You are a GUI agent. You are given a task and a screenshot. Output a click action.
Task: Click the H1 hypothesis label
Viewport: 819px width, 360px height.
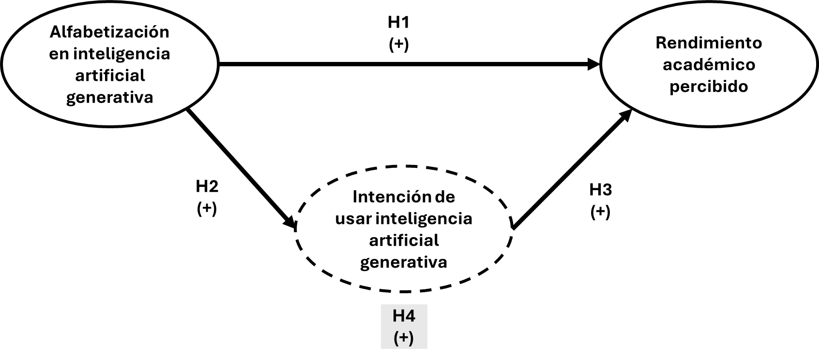(x=398, y=22)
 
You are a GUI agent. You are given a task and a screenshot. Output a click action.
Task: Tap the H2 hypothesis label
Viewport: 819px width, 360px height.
(x=207, y=186)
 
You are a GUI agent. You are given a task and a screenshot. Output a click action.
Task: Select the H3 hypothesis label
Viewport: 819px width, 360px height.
(x=600, y=190)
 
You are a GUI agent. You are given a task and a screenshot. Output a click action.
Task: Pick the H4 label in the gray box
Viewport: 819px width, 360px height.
(x=404, y=316)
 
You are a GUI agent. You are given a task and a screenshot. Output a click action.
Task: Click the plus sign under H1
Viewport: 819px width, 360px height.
(x=398, y=44)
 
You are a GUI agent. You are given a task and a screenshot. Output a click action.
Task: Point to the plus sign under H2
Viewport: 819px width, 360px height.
(x=207, y=209)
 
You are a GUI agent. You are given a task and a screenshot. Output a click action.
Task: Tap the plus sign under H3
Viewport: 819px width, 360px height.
(x=600, y=211)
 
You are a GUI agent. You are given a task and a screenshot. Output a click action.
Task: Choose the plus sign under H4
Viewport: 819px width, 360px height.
(x=404, y=338)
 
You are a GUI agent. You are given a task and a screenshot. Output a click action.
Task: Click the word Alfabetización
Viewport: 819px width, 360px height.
(x=110, y=32)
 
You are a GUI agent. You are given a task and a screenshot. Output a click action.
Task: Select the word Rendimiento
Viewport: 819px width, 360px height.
(x=709, y=43)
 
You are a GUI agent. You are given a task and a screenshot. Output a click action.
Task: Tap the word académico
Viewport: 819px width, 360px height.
(x=709, y=65)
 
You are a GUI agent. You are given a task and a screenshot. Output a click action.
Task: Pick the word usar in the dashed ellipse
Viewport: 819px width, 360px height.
(x=353, y=219)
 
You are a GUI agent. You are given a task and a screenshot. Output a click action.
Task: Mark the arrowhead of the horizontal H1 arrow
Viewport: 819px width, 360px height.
(x=594, y=64)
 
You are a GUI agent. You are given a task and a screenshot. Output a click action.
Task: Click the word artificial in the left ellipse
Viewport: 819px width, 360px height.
(x=110, y=75)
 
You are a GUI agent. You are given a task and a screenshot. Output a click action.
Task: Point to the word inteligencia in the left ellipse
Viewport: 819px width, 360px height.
(x=122, y=54)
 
